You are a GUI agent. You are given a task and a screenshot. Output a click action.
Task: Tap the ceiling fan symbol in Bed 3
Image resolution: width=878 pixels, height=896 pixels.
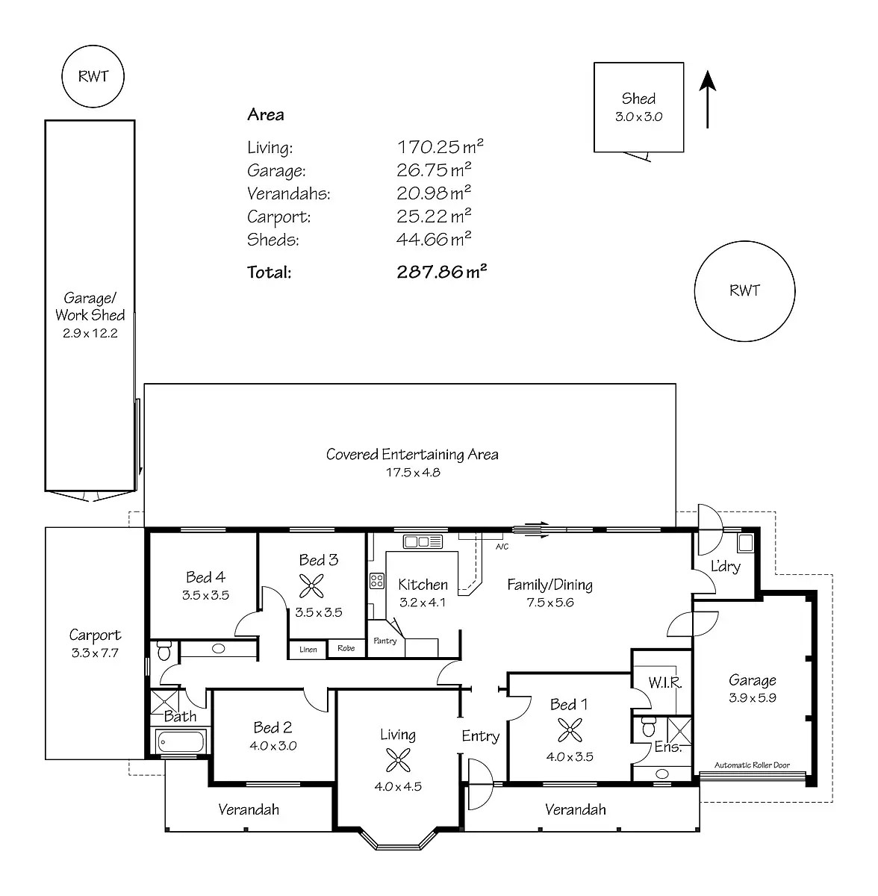click(311, 587)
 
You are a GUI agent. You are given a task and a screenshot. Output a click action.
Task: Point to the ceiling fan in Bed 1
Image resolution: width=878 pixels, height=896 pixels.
click(570, 729)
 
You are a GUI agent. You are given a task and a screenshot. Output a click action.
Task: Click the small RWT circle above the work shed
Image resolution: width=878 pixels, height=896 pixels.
click(93, 76)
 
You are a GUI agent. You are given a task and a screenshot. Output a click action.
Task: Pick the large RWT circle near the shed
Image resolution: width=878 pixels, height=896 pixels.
click(744, 291)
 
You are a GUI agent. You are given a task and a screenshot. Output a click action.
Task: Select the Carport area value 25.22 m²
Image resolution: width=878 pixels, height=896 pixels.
click(434, 217)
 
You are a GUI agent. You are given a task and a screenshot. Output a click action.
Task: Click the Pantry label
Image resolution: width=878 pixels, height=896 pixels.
click(385, 641)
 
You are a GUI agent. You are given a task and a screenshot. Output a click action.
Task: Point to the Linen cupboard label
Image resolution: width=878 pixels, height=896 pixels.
click(308, 650)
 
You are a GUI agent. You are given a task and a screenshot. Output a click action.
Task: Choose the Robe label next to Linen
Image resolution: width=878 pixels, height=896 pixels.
click(346, 648)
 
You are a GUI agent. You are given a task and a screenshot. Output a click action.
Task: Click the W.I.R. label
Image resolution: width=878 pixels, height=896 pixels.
click(664, 682)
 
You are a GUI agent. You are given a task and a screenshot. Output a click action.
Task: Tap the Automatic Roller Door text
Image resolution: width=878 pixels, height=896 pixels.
click(752, 765)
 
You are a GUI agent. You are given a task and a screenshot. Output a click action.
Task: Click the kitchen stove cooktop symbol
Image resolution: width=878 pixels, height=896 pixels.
click(377, 581)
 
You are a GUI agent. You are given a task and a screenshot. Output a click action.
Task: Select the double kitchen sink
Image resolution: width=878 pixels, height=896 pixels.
click(423, 541)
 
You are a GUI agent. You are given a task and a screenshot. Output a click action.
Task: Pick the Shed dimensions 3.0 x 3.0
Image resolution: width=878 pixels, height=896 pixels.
click(638, 116)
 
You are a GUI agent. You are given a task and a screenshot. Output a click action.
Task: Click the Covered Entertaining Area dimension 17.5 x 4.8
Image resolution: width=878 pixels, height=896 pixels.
click(412, 472)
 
